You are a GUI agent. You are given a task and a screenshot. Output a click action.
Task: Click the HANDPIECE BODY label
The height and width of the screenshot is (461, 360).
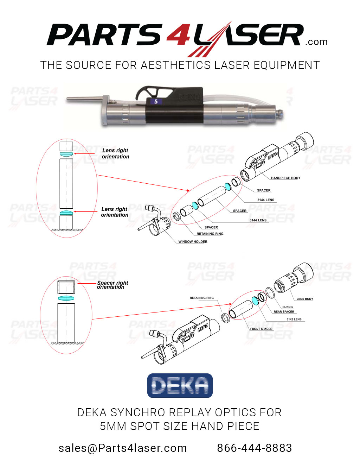285,178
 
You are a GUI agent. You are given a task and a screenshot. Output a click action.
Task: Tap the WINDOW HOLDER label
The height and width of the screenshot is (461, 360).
193,242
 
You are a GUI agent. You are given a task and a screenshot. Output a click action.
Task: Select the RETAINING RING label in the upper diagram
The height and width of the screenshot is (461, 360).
210,234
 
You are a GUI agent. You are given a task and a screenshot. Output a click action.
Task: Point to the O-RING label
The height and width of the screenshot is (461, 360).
287,307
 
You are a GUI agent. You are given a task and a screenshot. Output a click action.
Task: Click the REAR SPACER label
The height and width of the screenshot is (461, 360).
284,311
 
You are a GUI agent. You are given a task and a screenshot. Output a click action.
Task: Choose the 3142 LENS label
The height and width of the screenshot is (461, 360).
294,320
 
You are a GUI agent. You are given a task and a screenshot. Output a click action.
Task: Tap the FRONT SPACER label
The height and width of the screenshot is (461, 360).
261,329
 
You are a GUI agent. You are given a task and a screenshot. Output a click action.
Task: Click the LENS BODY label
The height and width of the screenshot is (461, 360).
304,299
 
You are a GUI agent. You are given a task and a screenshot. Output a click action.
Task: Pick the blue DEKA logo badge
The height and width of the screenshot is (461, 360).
180,386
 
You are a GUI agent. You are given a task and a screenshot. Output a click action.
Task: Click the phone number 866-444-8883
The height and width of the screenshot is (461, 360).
254,448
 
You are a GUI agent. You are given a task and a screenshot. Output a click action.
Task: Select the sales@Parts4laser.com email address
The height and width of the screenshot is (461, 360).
123,448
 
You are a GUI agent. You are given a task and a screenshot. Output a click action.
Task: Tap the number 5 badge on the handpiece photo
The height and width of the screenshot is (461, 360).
156,102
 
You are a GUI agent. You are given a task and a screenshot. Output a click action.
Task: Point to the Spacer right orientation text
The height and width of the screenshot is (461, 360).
112,285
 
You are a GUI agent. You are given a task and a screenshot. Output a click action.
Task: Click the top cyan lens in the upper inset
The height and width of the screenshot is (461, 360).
66,154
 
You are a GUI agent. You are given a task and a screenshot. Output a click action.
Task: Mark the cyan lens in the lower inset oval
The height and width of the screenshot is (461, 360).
66,298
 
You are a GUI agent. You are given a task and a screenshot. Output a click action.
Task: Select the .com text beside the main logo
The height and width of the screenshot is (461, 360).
316,42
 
